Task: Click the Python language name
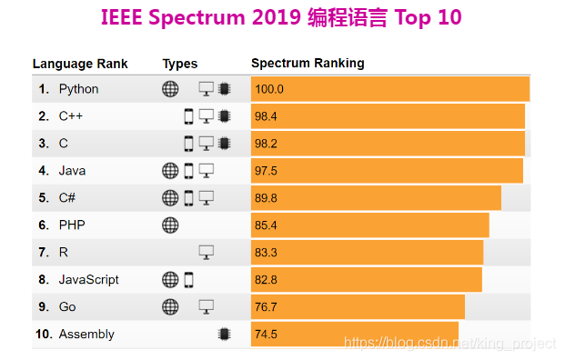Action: (x=78, y=89)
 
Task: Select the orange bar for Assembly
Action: (x=355, y=335)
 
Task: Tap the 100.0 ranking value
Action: (x=270, y=89)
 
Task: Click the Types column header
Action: (x=180, y=64)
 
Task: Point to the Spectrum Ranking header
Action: (x=308, y=64)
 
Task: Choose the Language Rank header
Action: (x=80, y=64)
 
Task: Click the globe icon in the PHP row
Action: (x=170, y=225)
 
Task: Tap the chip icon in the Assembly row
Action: (x=224, y=335)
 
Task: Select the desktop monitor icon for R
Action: (x=206, y=253)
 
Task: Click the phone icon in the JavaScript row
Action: (x=188, y=280)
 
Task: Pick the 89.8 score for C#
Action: (x=267, y=198)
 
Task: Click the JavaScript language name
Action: (x=89, y=280)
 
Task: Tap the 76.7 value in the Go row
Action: (x=267, y=307)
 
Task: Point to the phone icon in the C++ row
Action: (x=188, y=116)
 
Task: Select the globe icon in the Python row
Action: (x=170, y=89)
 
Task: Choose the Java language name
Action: (x=72, y=171)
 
